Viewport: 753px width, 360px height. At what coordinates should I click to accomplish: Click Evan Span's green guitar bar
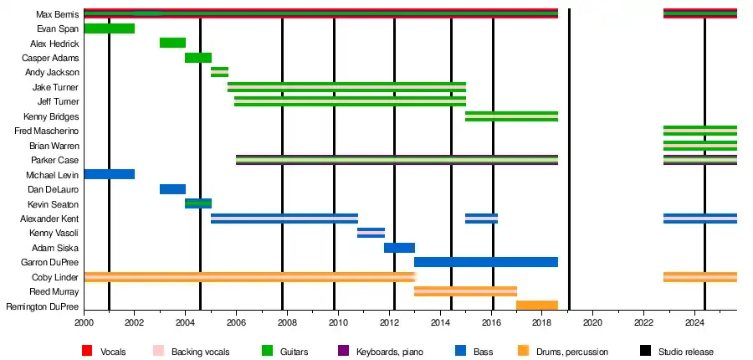[109, 29]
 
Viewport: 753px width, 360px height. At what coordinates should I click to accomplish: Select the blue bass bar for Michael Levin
[109, 174]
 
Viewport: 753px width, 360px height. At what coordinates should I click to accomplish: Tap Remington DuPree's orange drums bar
[537, 306]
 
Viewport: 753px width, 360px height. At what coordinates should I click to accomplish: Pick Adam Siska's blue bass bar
[399, 248]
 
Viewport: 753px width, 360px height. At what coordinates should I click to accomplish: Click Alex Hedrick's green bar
[172, 44]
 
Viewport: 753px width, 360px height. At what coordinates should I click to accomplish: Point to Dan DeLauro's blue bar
[172, 189]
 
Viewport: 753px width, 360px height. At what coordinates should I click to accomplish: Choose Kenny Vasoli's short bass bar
[371, 233]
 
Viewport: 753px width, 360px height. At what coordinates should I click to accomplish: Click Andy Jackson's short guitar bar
[219, 73]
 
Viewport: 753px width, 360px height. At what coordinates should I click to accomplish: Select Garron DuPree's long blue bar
[485, 262]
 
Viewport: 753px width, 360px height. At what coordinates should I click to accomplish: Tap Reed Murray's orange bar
[465, 291]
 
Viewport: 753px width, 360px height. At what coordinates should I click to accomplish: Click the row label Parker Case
[55, 160]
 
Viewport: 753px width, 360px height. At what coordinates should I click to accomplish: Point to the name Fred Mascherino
[48, 131]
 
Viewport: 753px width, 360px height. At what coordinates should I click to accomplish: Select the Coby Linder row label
[55, 277]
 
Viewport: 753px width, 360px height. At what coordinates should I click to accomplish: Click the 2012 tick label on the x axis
[389, 322]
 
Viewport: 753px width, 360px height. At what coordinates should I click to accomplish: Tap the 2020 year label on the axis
[592, 322]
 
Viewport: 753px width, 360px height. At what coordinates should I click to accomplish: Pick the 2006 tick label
[236, 322]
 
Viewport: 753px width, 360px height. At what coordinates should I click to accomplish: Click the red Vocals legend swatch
[87, 352]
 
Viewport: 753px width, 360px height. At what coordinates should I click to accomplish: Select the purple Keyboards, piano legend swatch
[342, 352]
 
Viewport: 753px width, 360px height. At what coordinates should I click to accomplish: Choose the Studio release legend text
[686, 352]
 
